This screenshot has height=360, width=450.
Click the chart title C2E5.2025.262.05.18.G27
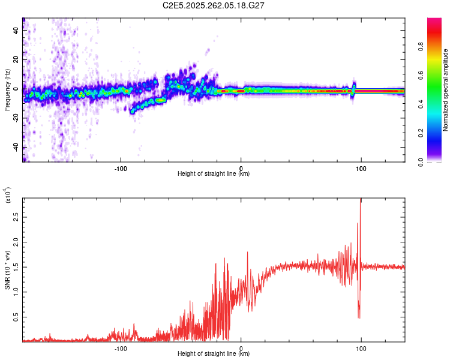[x=214, y=6]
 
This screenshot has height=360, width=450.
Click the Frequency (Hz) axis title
[x=7, y=90]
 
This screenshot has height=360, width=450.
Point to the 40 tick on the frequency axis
[x=16, y=31]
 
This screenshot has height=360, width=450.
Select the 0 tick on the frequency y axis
[x=16, y=89]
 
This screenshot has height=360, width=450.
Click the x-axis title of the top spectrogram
[x=214, y=175]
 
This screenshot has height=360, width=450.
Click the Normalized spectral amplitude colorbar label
[x=445, y=90]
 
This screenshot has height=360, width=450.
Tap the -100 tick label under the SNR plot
[x=121, y=349]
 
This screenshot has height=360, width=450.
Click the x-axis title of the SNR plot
[x=214, y=354]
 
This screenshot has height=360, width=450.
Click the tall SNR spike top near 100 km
[x=361, y=199]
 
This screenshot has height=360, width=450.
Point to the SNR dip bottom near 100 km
[x=359, y=317]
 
